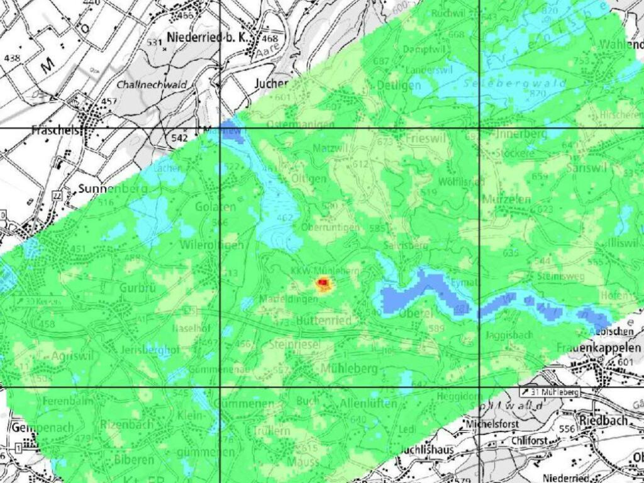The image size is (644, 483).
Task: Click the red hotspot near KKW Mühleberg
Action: (323, 285)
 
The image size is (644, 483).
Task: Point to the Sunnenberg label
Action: (113, 188)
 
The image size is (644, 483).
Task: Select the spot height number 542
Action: (180, 137)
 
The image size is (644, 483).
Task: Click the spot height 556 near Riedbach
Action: (567, 429)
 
